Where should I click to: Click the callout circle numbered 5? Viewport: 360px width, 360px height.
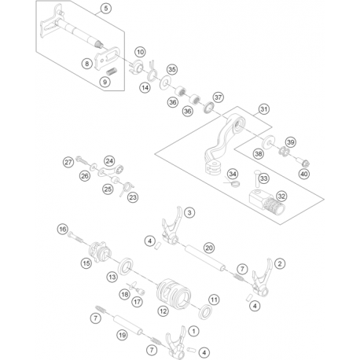click(x=106, y=9)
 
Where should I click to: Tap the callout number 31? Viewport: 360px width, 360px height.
click(x=264, y=109)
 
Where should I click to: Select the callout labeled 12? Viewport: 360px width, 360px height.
click(x=163, y=311)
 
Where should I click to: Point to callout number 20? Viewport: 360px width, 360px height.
click(x=209, y=248)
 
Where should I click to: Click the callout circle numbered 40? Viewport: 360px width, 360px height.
click(x=304, y=174)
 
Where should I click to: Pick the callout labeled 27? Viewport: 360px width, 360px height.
click(x=68, y=162)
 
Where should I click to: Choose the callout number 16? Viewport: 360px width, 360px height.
click(x=62, y=230)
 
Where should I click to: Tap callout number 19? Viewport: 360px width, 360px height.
click(x=123, y=335)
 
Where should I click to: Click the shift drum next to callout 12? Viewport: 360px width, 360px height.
click(x=174, y=293)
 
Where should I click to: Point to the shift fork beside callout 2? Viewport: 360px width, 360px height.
click(x=262, y=280)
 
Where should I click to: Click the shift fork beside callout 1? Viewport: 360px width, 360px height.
click(x=176, y=343)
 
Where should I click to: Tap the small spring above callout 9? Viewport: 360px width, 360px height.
click(x=111, y=72)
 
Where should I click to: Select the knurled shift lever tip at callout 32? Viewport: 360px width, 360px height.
click(x=266, y=202)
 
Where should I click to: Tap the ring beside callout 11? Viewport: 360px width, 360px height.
click(x=205, y=311)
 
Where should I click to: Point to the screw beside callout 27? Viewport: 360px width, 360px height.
click(x=82, y=160)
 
